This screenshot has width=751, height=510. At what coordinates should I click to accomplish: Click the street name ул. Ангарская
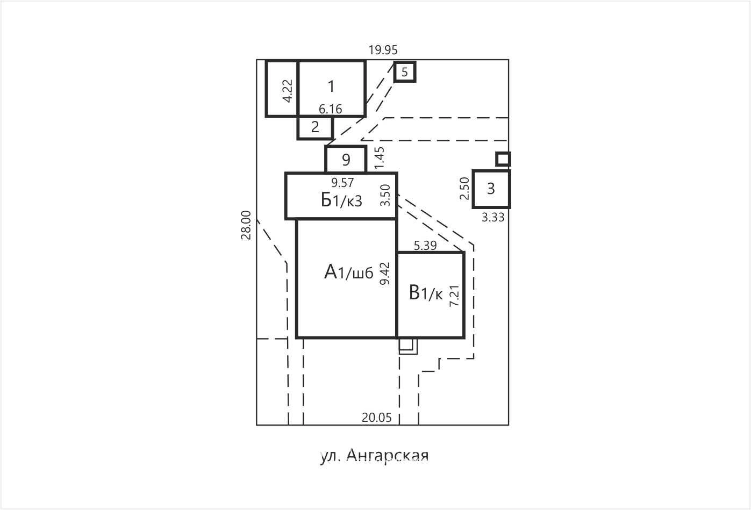click(x=374, y=456)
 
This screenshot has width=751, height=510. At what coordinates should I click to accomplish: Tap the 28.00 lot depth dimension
click(x=246, y=225)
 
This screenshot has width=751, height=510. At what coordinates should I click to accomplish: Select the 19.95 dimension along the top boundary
click(x=383, y=51)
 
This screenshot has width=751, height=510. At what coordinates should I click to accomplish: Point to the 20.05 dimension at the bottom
click(x=376, y=418)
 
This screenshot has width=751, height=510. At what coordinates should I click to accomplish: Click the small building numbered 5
click(x=405, y=71)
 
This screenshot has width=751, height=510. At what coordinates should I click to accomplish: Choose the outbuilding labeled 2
click(x=315, y=128)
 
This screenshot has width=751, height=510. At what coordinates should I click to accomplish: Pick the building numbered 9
click(x=346, y=160)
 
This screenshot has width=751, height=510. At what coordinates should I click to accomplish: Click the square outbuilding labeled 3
click(x=491, y=189)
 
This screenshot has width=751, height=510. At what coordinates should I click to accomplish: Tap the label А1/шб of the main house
click(x=349, y=272)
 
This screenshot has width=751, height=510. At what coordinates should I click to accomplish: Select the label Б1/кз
click(x=342, y=200)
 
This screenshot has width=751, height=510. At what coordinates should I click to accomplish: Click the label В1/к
click(x=426, y=292)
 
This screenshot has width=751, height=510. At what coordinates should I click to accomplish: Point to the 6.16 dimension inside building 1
click(x=330, y=109)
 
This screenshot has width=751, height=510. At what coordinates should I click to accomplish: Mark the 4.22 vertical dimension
click(x=288, y=91)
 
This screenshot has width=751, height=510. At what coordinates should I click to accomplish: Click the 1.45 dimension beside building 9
click(x=379, y=158)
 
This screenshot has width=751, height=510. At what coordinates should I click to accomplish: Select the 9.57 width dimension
click(x=342, y=183)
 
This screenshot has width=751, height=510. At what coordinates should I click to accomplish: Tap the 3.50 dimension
click(x=385, y=196)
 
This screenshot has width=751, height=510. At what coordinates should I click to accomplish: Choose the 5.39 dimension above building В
click(x=425, y=246)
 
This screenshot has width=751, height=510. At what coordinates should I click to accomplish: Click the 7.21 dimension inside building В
click(x=454, y=296)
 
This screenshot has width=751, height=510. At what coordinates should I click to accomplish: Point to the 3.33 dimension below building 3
click(x=493, y=218)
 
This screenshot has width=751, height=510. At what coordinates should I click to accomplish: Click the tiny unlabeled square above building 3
click(x=503, y=159)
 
